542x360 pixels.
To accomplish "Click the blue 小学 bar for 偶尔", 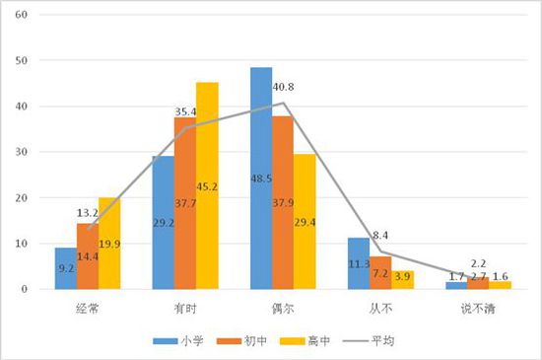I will (x=261, y=179).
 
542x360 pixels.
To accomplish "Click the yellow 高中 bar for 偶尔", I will (x=305, y=222).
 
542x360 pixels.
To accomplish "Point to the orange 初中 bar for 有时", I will (x=185, y=203).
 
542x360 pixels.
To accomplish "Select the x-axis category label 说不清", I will (x=476, y=308).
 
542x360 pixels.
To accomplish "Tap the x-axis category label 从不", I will (x=379, y=308).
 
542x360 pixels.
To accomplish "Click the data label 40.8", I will (x=284, y=88).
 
